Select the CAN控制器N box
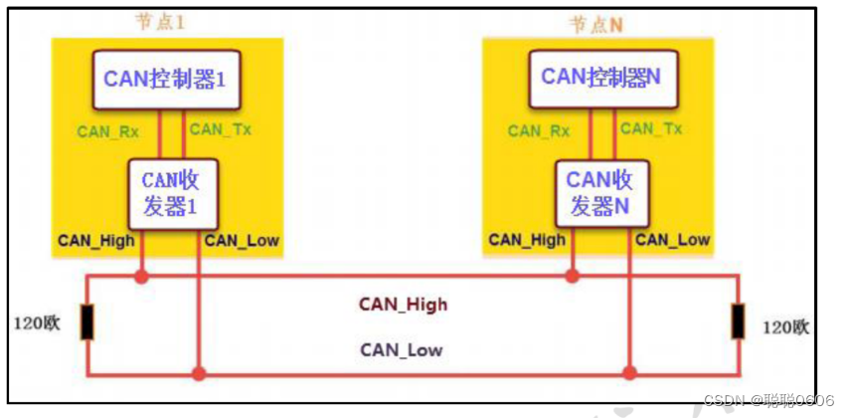click(x=600, y=76)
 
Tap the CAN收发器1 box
click(x=171, y=195)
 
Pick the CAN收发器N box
click(x=599, y=193)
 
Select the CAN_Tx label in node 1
click(x=220, y=129)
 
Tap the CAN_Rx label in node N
click(x=539, y=130)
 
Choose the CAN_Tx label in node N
click(x=651, y=129)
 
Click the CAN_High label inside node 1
click(x=94, y=240)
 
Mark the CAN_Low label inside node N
click(x=673, y=239)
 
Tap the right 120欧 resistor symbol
click(x=738, y=322)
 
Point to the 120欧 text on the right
click(x=786, y=327)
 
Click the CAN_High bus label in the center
click(x=404, y=305)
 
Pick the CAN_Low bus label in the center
click(x=402, y=349)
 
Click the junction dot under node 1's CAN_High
click(x=142, y=276)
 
